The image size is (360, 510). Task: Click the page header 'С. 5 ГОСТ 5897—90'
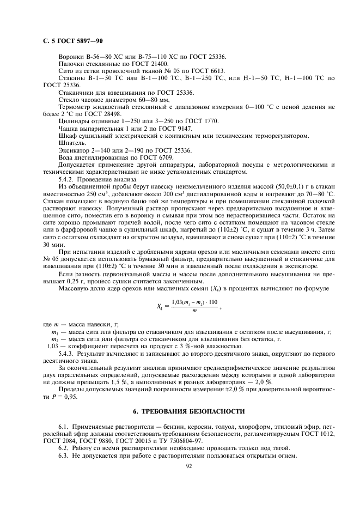point(73,41)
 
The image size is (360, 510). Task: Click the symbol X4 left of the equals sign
point(160,306)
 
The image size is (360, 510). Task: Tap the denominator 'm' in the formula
point(194,311)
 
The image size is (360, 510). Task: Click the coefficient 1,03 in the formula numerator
point(178,302)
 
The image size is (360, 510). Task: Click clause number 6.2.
point(64,447)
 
